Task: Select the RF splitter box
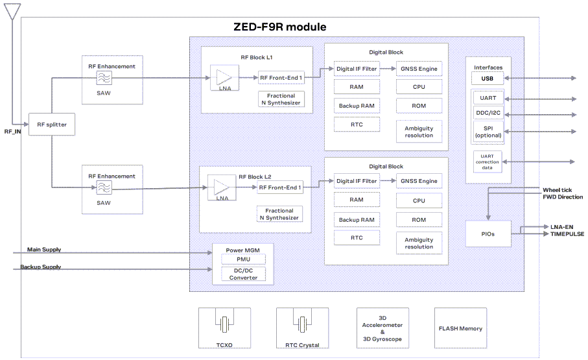pyautogui.click(x=52, y=124)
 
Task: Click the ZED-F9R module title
pyautogui.click(x=279, y=27)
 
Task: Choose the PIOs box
pyautogui.click(x=488, y=234)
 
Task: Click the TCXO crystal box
pyautogui.click(x=224, y=328)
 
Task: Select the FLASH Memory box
pyautogui.click(x=460, y=328)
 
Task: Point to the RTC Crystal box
pyautogui.click(x=302, y=328)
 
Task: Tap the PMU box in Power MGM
pyautogui.click(x=243, y=259)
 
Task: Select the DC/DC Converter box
pyautogui.click(x=243, y=274)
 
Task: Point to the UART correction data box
pyautogui.click(x=488, y=161)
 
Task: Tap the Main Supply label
pyautogui.click(x=44, y=249)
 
